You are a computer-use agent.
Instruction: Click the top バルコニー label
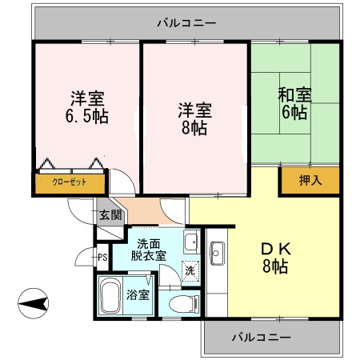click(186, 22)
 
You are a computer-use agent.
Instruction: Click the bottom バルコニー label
click(262, 337)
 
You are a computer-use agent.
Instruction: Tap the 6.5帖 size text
click(87, 116)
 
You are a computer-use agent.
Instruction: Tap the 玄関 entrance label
click(110, 214)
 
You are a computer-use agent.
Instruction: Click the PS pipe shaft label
click(102, 257)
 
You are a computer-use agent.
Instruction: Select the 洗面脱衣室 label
click(150, 250)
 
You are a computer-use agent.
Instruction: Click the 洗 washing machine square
click(190, 270)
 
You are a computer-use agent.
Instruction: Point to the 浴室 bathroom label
click(138, 294)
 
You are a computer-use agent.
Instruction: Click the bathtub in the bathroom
click(110, 298)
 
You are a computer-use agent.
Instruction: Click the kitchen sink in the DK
click(216, 254)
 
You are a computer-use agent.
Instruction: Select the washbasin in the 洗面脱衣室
click(191, 242)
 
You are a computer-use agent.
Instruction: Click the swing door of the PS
click(84, 258)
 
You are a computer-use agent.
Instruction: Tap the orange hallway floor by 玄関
click(145, 213)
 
